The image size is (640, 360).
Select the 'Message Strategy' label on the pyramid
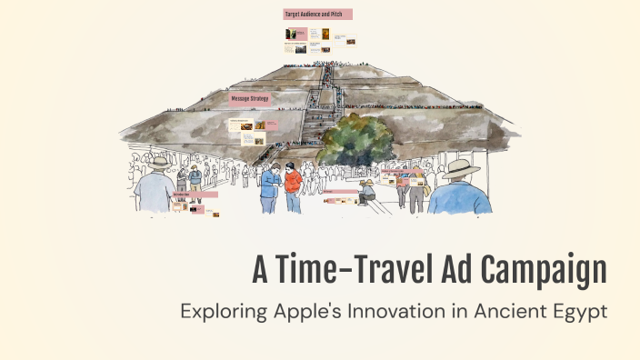pos(250,97)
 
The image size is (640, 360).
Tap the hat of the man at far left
pos(160,163)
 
